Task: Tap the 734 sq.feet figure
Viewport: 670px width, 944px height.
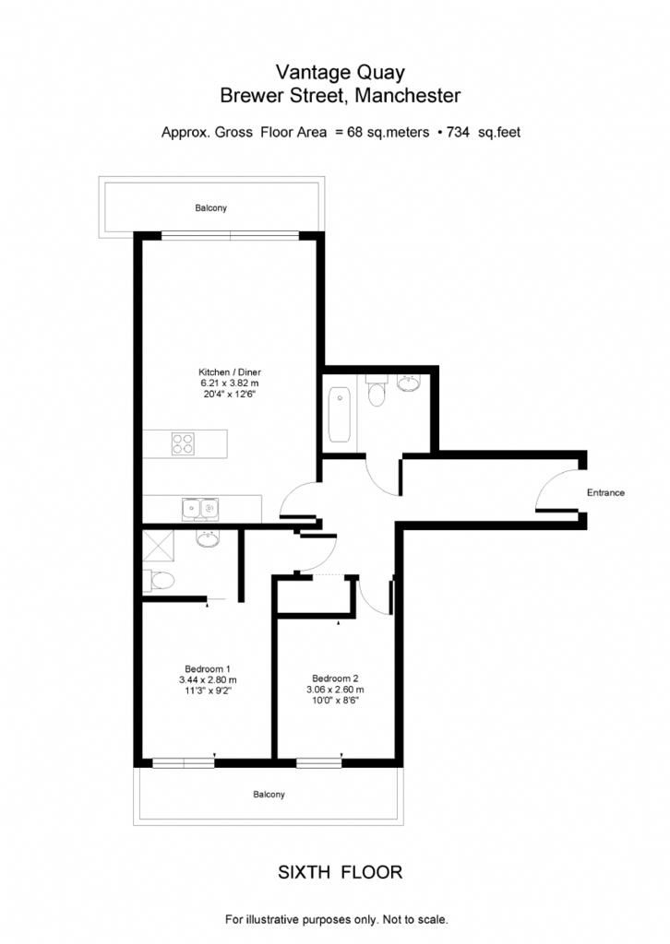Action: pos(484,133)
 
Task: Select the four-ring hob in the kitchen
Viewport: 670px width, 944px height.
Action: pos(183,443)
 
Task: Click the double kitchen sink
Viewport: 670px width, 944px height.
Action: pos(200,509)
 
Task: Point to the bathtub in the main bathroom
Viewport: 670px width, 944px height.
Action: pos(340,415)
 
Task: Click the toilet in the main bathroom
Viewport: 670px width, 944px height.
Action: pos(377,391)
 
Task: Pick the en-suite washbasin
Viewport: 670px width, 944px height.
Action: pos(208,537)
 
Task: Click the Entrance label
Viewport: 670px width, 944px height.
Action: pos(605,492)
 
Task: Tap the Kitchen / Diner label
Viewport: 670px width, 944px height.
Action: pos(230,372)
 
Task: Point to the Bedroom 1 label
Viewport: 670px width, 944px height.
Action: pos(208,669)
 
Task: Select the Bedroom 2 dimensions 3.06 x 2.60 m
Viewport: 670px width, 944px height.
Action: pos(335,690)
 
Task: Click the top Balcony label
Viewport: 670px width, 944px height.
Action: pos(211,207)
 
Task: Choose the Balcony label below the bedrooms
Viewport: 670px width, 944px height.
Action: pos(269,795)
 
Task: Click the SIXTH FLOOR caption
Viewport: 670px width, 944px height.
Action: pos(340,872)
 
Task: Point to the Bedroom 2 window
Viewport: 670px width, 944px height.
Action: pos(318,762)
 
